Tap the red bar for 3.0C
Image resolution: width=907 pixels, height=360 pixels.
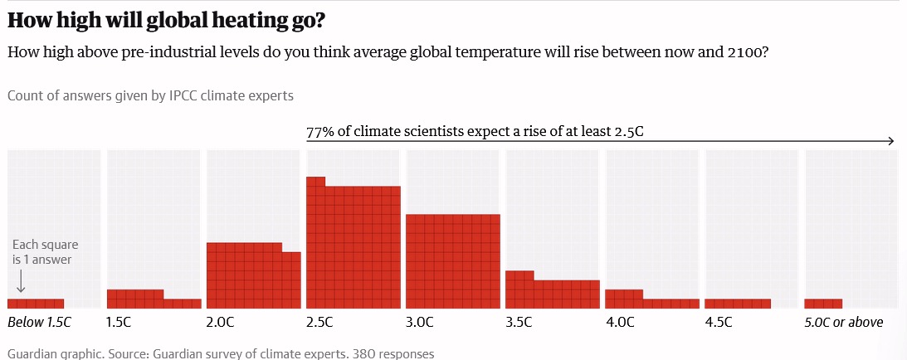click(x=452, y=261)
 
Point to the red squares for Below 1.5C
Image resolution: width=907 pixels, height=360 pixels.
click(x=36, y=303)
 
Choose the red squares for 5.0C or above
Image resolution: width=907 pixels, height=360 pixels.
click(x=823, y=303)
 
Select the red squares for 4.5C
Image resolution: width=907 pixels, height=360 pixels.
click(x=738, y=303)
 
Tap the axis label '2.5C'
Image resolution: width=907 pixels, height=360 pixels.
click(x=319, y=322)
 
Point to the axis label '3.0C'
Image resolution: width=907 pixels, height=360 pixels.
click(x=419, y=322)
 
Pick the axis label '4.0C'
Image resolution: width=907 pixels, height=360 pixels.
click(x=619, y=322)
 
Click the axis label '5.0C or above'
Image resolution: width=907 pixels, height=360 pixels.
click(x=843, y=322)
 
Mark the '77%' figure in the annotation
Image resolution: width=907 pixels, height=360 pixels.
click(x=319, y=132)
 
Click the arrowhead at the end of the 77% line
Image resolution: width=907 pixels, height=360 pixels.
click(x=890, y=141)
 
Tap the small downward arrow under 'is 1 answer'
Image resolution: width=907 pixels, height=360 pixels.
click(x=21, y=285)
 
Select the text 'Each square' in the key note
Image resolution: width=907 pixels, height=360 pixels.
click(x=46, y=246)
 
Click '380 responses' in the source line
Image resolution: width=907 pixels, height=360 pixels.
click(x=393, y=353)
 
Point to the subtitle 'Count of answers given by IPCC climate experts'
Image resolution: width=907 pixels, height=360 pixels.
click(x=150, y=95)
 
